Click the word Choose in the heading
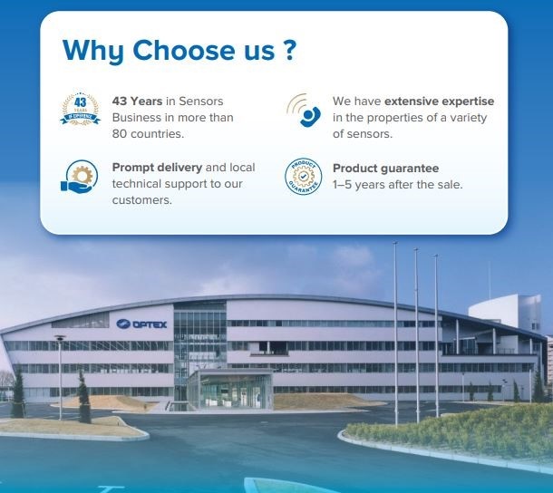[184, 50]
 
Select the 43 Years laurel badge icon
[81, 109]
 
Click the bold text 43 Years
[137, 101]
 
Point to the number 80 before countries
[119, 134]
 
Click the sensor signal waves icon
[304, 110]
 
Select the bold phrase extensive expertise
[439, 101]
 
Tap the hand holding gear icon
[80, 177]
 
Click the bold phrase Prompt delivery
[157, 168]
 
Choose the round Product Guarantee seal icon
[304, 176]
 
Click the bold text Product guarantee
[386, 169]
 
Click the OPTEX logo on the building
[141, 324]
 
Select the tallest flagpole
[395, 334]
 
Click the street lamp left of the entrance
[60, 377]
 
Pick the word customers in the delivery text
[141, 200]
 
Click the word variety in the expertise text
[468, 118]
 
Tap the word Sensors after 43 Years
[201, 101]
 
